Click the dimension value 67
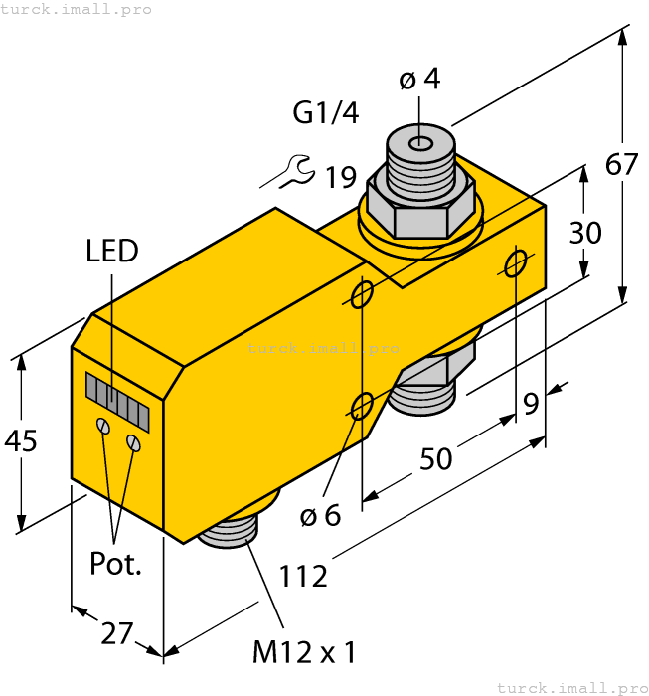[x=622, y=164]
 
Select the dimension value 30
[x=585, y=233]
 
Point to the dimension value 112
[x=303, y=575]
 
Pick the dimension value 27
[x=117, y=632]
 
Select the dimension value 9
[x=531, y=404]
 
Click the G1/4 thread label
[x=326, y=113]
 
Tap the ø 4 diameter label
[x=419, y=79]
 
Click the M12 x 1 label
[x=303, y=652]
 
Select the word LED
[x=111, y=251]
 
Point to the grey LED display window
[x=116, y=401]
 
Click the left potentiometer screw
[x=102, y=425]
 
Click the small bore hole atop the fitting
[x=421, y=143]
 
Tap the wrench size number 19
[x=340, y=177]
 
